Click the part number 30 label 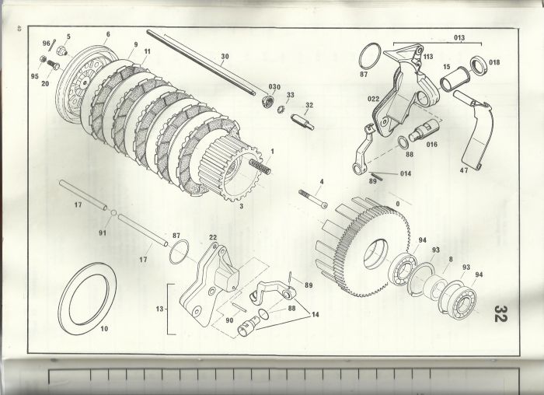[x=225, y=56]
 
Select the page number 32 [x=500, y=314]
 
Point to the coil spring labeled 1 [x=260, y=166]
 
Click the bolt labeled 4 [x=313, y=199]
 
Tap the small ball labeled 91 [x=113, y=211]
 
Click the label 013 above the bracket [x=459, y=37]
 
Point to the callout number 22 [x=213, y=237]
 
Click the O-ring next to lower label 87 [x=180, y=252]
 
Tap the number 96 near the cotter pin [x=47, y=44]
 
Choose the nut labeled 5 [x=61, y=51]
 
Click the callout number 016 [x=431, y=145]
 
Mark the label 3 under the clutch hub [x=242, y=206]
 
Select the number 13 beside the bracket [x=159, y=309]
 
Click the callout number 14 [x=315, y=315]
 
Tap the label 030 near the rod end [x=274, y=87]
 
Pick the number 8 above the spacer [x=451, y=259]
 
